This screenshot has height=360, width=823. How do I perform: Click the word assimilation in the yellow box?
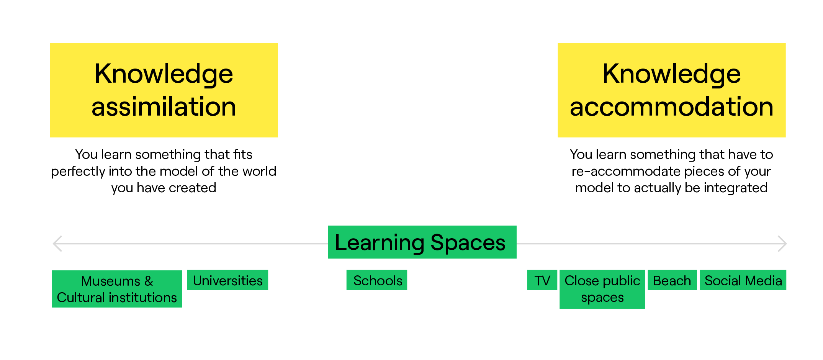[164, 107]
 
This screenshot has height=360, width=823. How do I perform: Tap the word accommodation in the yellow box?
[671, 107]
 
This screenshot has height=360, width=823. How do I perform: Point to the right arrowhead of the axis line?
[782, 244]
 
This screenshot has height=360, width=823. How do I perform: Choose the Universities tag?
[227, 280]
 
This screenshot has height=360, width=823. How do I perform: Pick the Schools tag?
[377, 280]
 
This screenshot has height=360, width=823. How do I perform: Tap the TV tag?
[542, 280]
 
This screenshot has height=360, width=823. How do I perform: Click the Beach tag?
[672, 280]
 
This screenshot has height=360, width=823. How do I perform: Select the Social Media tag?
[743, 280]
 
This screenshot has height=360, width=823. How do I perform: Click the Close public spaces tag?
[602, 289]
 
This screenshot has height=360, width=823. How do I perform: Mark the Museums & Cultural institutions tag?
[117, 289]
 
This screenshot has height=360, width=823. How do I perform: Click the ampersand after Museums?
[149, 281]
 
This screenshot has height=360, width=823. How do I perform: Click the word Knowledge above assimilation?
[164, 74]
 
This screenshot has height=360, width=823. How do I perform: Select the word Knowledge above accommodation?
[671, 74]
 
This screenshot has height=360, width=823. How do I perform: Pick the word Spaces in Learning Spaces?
[468, 242]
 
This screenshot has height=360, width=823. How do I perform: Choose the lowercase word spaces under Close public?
[602, 298]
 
